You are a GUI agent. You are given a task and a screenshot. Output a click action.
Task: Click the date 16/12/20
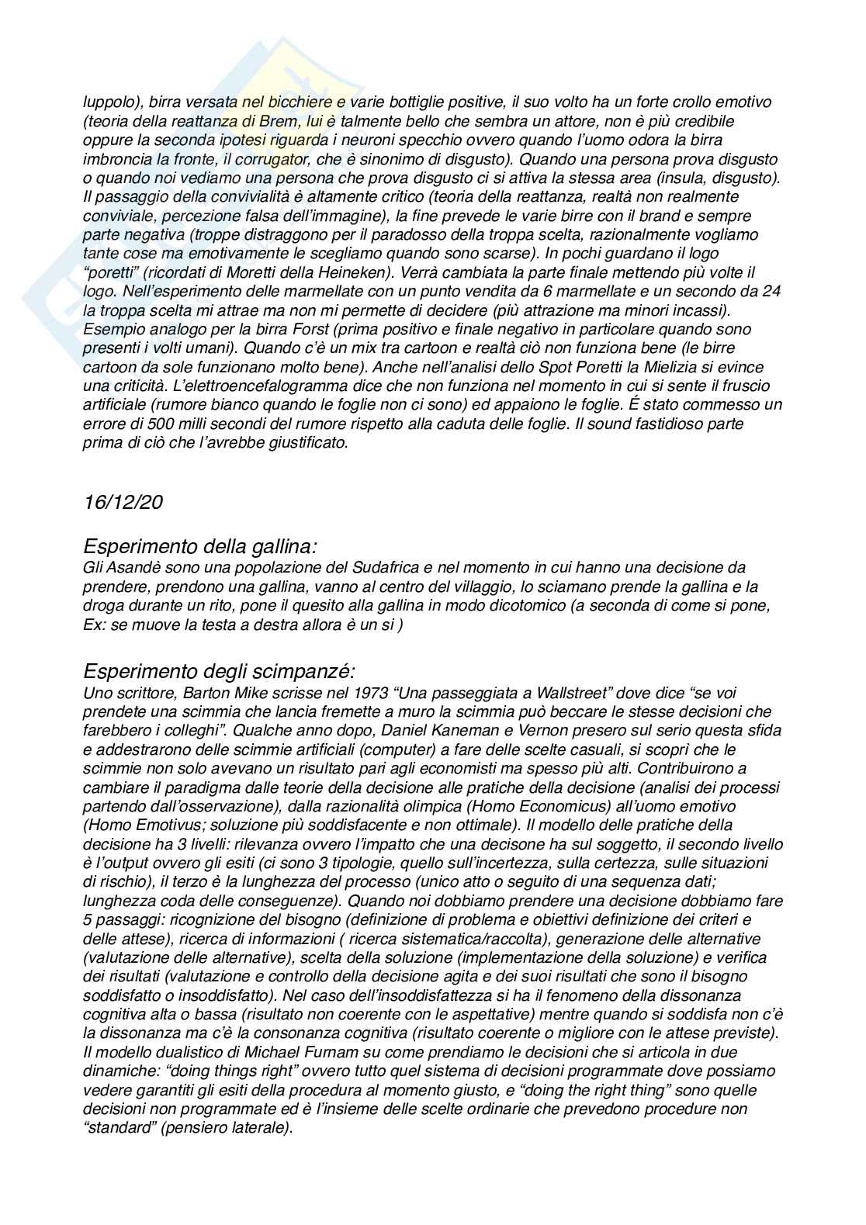123,502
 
